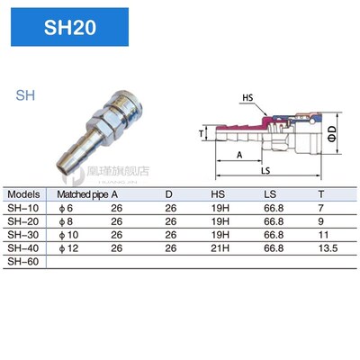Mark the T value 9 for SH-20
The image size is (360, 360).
(321, 221)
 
